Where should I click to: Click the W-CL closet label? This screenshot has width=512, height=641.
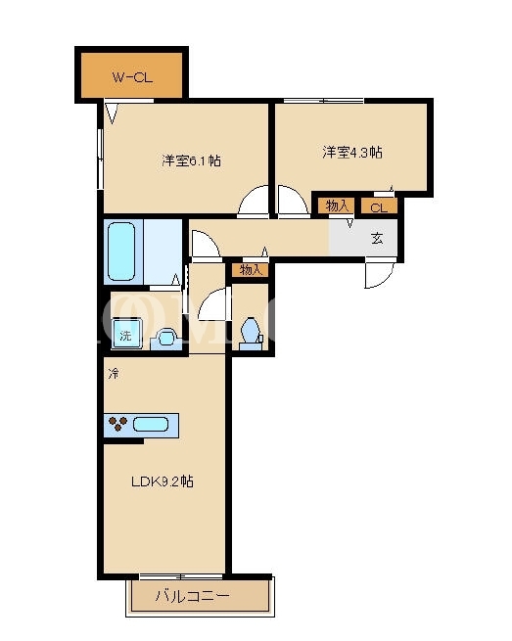click(x=132, y=77)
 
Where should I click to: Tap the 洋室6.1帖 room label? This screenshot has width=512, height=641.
click(x=191, y=160)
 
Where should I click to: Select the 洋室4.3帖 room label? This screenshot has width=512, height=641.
click(x=352, y=152)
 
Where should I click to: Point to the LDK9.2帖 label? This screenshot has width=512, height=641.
click(x=163, y=481)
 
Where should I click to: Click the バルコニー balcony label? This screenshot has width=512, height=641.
click(x=192, y=596)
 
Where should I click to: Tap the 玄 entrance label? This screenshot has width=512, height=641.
click(x=377, y=239)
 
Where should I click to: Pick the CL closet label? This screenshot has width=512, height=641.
click(x=379, y=207)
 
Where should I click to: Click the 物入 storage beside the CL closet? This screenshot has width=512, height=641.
click(x=337, y=206)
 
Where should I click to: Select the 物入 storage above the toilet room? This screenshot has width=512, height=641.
click(x=251, y=270)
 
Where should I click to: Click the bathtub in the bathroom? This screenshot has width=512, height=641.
click(x=121, y=251)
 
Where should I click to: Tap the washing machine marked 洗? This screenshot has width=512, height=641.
click(x=126, y=335)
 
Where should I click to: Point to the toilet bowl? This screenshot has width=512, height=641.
click(x=251, y=330)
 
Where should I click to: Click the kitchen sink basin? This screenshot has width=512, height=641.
click(x=151, y=425)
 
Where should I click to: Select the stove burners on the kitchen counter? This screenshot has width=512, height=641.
click(x=118, y=424)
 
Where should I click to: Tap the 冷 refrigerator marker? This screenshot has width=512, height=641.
click(x=114, y=373)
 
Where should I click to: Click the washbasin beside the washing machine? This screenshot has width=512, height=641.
click(x=166, y=339)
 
